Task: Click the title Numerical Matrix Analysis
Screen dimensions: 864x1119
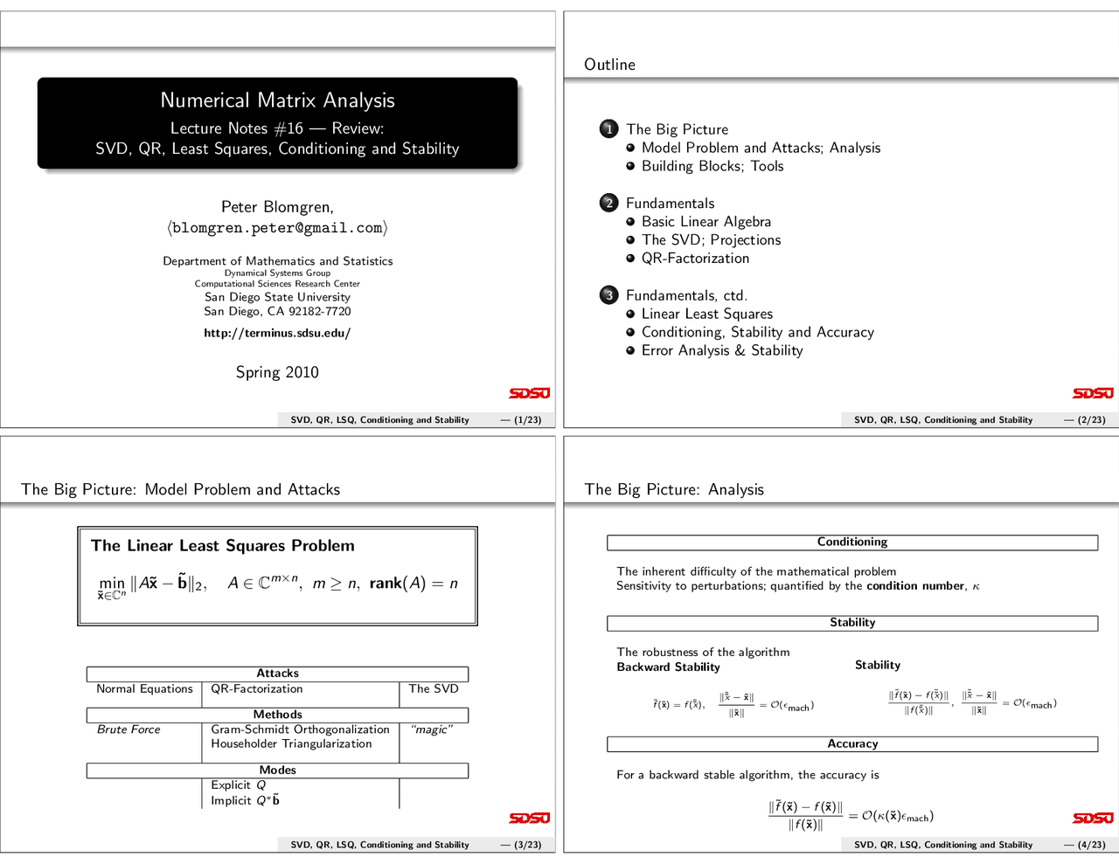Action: tap(277, 100)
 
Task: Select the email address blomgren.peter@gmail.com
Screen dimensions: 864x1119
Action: tap(277, 228)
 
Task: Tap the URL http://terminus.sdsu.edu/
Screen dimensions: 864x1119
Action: tap(277, 333)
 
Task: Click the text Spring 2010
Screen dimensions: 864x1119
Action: tap(277, 372)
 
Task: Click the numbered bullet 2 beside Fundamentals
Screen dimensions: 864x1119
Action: tap(609, 204)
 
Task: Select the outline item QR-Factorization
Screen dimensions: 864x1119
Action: tap(695, 259)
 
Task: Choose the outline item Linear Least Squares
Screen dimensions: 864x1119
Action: tap(706, 314)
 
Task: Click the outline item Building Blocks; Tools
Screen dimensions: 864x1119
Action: tap(712, 166)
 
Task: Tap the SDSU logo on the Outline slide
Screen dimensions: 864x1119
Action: tap(1093, 393)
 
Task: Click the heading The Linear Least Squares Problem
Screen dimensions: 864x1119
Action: tap(223, 546)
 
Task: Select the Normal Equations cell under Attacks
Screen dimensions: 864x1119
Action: tap(144, 689)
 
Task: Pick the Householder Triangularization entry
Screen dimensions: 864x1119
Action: tap(291, 744)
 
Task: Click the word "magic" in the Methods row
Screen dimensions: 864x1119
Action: tap(431, 729)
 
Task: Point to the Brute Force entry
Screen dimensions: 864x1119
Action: tap(129, 729)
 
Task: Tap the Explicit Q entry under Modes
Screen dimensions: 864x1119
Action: tap(238, 785)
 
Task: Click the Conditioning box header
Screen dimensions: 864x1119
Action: tap(852, 543)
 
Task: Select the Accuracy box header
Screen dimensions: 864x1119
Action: tap(852, 744)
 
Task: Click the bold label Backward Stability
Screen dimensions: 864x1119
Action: tap(669, 667)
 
